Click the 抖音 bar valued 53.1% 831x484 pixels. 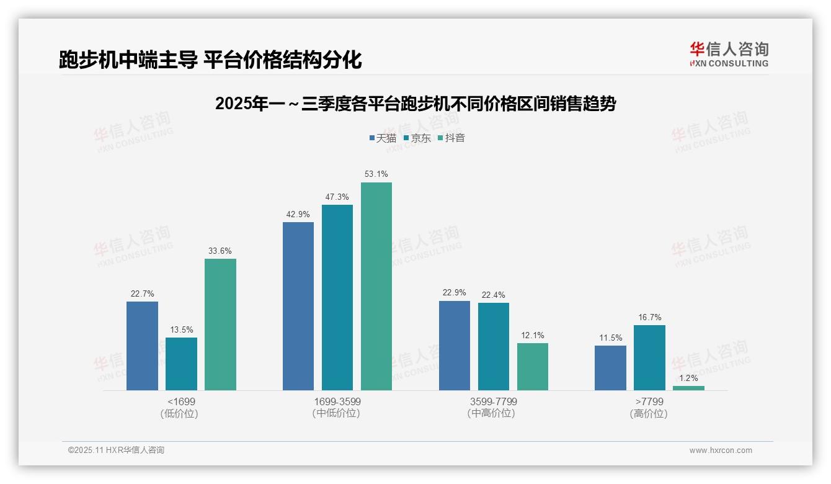tap(376, 286)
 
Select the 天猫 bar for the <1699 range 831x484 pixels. tap(142, 346)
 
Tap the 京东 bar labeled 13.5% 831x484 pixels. tap(181, 364)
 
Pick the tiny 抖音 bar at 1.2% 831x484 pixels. tap(688, 388)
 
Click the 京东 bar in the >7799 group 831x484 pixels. tap(649, 357)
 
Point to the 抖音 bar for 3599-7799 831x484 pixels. tap(533, 367)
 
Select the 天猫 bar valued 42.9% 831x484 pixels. tap(298, 306)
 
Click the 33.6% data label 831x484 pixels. tap(220, 251)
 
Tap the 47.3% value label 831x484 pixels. tap(337, 197)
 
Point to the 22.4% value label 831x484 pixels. tap(493, 295)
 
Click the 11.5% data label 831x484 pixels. tap(610, 338)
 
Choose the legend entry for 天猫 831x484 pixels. tap(383, 138)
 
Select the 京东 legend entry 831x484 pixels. tap(417, 138)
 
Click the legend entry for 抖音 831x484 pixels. tap(451, 138)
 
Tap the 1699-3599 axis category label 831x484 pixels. tap(337, 401)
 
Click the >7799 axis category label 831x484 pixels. tap(649, 401)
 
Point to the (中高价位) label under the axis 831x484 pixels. tap(493, 413)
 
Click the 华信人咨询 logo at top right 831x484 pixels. tap(729, 54)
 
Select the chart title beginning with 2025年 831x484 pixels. tap(416, 104)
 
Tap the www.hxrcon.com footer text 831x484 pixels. tap(721, 450)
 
